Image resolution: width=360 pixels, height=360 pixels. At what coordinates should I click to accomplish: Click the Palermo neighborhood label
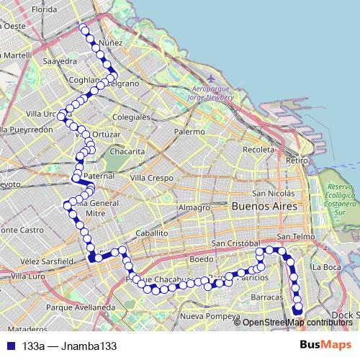point(189,132)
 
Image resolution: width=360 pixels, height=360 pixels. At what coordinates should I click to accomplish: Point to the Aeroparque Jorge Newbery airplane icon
point(210,78)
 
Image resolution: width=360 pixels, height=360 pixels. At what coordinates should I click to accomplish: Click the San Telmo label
point(293,236)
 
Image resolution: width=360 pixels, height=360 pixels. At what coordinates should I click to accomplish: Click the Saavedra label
point(60,62)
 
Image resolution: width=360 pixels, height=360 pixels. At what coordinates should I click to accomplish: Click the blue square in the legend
point(9,346)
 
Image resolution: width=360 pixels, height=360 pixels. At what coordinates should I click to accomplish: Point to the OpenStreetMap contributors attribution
point(297,322)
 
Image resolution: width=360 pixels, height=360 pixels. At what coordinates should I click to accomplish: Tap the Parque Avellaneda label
point(78,307)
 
